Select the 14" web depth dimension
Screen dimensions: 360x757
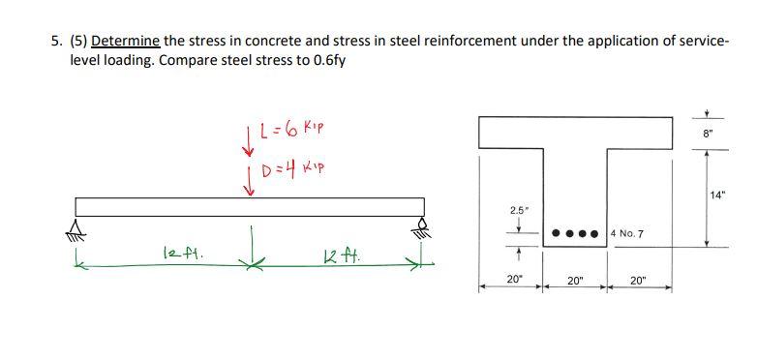(x=718, y=195)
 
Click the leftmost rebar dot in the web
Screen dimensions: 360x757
(x=555, y=233)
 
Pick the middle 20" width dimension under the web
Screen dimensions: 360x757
(x=577, y=279)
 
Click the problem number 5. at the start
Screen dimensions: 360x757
(x=55, y=41)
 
